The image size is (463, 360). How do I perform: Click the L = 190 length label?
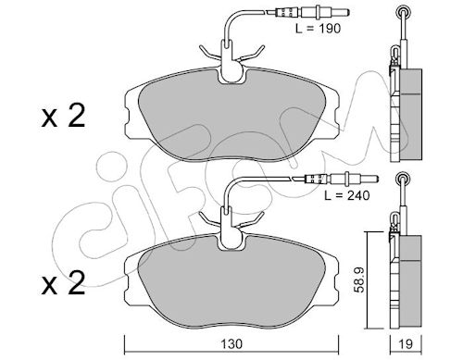pos(318,29)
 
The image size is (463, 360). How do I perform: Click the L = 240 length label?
pos(347,195)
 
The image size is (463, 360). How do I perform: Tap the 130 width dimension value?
pos(231,343)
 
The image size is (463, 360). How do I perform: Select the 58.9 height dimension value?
pos(360,280)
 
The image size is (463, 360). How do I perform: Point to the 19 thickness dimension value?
pos(406,343)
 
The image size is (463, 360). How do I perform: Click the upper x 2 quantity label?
pos(63,118)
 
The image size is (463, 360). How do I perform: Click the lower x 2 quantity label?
pos(63,284)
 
